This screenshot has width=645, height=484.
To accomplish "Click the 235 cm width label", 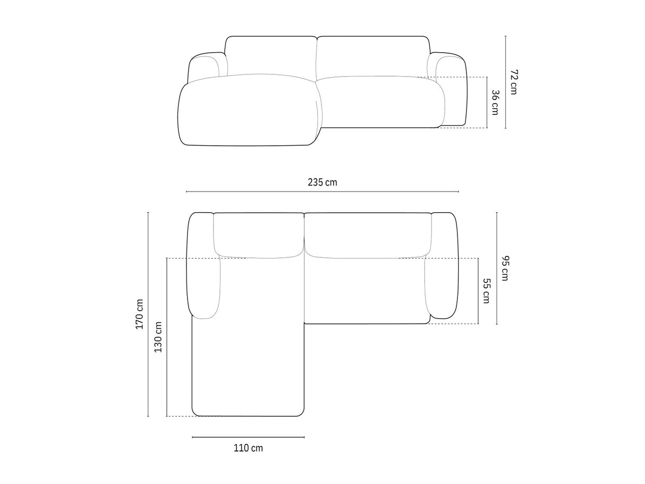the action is tap(322, 182).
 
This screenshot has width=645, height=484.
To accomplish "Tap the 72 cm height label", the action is tap(514, 82).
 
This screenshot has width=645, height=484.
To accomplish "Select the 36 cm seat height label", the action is tap(495, 102).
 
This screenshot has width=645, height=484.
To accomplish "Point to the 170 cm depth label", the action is tap(140, 314).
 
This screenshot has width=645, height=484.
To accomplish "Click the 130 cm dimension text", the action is tap(158, 337).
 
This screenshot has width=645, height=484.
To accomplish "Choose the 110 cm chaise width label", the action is tap(248, 448).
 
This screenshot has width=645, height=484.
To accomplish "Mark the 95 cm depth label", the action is tap(505, 268).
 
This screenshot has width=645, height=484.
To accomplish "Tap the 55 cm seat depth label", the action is tap(486, 291).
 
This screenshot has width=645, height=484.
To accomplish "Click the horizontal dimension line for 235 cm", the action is tap(322, 191).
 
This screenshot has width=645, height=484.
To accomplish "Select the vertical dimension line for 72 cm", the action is tap(505, 82).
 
